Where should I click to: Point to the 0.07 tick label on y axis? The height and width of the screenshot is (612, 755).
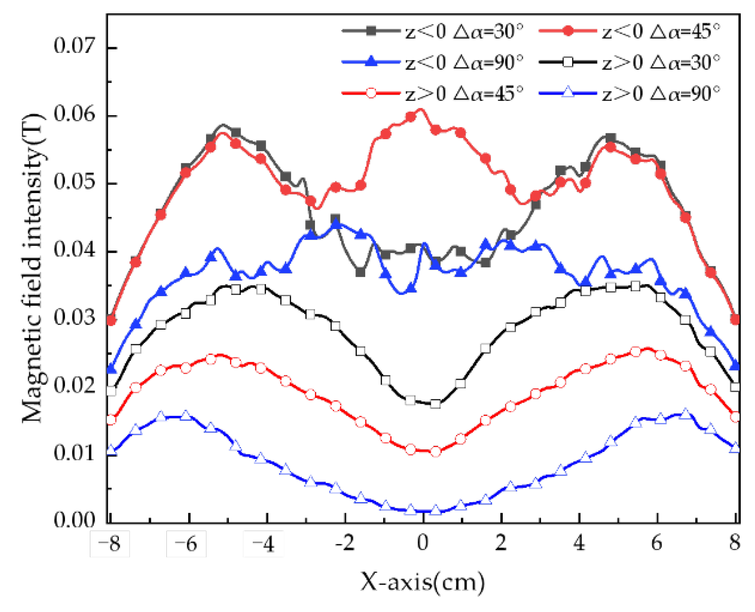click(74, 46)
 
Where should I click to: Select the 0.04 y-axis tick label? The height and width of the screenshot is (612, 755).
click(74, 250)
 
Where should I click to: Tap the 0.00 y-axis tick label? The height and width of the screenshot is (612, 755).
click(74, 520)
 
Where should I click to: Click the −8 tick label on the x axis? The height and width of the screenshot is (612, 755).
click(109, 543)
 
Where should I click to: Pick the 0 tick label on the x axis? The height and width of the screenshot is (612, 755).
click(423, 543)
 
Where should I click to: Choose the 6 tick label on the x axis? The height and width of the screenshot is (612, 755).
click(657, 543)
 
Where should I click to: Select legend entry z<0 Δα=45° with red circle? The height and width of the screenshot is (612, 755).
click(629, 31)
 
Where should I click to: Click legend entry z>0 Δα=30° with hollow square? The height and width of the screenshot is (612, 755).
click(629, 62)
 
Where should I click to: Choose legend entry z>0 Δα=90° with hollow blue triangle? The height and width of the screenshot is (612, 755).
click(629, 93)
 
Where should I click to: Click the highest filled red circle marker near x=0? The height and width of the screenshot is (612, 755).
click(411, 117)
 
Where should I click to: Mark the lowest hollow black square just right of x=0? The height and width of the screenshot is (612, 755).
click(436, 404)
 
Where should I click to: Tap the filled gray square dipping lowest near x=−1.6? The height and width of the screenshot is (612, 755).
click(360, 272)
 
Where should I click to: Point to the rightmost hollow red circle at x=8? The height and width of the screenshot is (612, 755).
click(735, 417)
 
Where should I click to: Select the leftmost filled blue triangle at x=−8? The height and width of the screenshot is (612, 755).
click(111, 369)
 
